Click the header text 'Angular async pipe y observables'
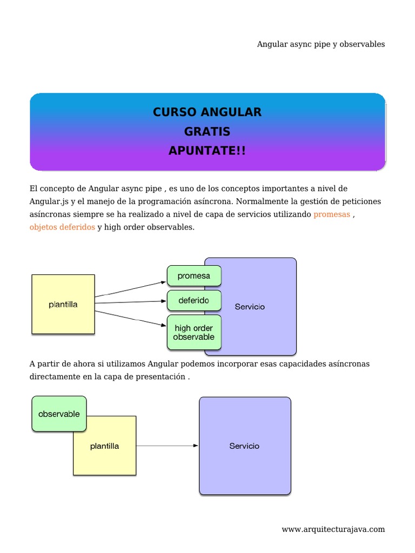tap(321, 44)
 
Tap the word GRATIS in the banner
tap(207, 132)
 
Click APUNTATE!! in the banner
tap(207, 151)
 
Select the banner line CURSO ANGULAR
tap(207, 112)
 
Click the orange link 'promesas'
tap(332, 214)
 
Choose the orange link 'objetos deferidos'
tap(62, 227)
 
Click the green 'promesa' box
tap(194, 276)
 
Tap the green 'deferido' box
tap(194, 300)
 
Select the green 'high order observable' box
tap(194, 333)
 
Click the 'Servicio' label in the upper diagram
tap(250, 307)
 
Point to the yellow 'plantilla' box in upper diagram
tap(63, 304)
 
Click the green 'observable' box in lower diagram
tap(59, 414)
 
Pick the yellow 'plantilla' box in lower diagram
tap(105, 446)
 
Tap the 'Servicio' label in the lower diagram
tap(244, 446)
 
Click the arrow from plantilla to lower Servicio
tap(168, 446)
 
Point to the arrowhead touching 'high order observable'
tap(164, 325)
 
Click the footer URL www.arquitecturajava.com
tap(333, 529)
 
